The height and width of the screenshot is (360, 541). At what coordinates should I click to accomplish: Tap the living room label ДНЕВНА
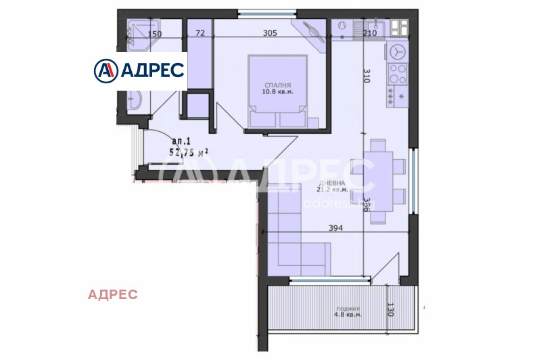333,183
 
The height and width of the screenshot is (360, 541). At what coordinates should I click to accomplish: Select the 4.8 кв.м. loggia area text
347,314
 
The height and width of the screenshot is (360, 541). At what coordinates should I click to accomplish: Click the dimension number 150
155,33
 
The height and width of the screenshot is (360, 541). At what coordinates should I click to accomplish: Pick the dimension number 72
199,32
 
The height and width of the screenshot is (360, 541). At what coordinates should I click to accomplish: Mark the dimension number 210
369,32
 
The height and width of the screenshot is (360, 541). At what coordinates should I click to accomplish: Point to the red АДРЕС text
113,294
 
